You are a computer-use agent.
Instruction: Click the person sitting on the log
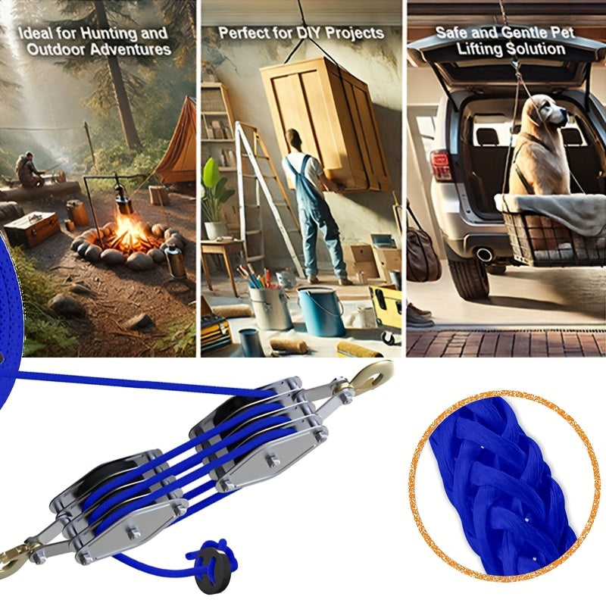[28, 170]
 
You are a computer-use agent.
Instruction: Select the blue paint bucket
[320, 311]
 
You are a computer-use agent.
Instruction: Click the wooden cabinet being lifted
[326, 123]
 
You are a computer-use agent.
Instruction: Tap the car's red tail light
[441, 165]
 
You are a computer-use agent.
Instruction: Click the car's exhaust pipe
[484, 255]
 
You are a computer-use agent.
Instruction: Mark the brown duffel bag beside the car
[423, 251]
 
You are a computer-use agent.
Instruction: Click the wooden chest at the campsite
[33, 229]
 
